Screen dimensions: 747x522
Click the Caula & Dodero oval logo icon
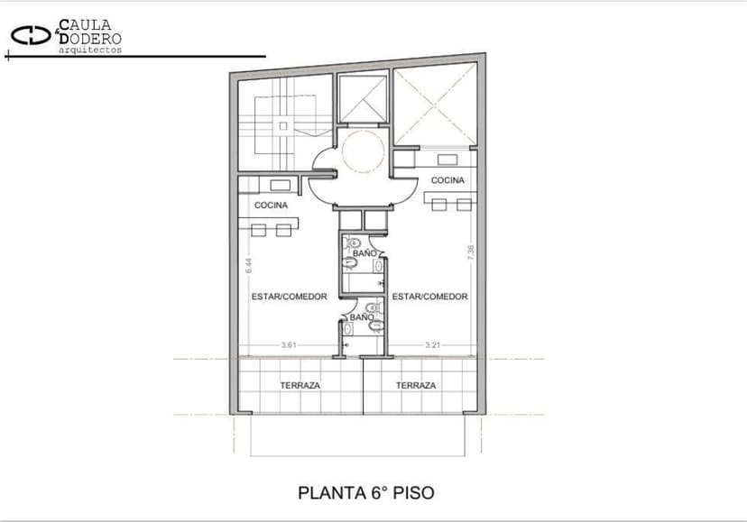31,35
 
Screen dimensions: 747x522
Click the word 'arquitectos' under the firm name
90,50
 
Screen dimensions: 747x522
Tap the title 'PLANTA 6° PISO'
366,493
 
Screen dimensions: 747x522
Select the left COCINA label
271,206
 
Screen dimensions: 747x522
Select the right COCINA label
447,180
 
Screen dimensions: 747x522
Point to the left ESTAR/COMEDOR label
290,297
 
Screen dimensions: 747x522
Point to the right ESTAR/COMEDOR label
429,297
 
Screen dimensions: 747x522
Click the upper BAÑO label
364,253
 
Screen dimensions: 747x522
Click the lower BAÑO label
362,317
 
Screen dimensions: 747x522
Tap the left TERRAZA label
300,385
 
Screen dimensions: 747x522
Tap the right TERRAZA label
416,385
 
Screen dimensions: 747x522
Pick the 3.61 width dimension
290,344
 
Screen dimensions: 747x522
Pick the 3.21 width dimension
432,344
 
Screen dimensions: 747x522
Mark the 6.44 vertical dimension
249,266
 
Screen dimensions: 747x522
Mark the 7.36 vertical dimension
471,252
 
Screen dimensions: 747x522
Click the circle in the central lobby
363,151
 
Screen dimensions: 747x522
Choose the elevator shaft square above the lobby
363,99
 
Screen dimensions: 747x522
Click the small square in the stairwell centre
283,125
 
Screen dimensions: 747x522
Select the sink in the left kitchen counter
280,186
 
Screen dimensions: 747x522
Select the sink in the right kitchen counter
447,160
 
